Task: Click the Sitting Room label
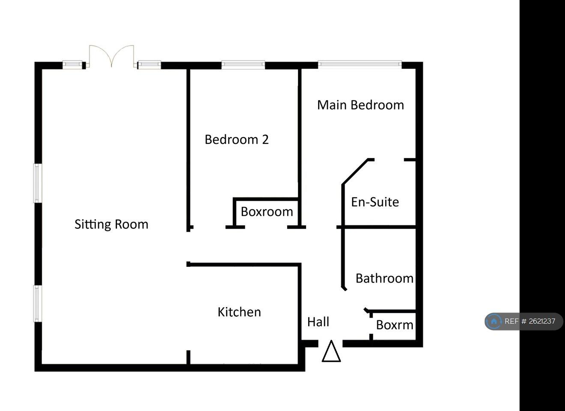pyautogui.click(x=111, y=224)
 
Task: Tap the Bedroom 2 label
pyautogui.click(x=237, y=140)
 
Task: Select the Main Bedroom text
pyautogui.click(x=361, y=105)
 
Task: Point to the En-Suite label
pyautogui.click(x=375, y=202)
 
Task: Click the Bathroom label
pyautogui.click(x=385, y=278)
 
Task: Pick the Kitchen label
pyautogui.click(x=239, y=312)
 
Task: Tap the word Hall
pyautogui.click(x=318, y=322)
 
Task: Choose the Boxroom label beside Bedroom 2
pyautogui.click(x=267, y=211)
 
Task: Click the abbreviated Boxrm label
pyautogui.click(x=395, y=325)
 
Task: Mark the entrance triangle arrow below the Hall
pyautogui.click(x=331, y=351)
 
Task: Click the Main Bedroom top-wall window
pyautogui.click(x=360, y=64)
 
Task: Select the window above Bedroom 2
pyautogui.click(x=243, y=65)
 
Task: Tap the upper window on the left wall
pyautogui.click(x=38, y=183)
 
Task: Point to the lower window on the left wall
pyautogui.click(x=38, y=303)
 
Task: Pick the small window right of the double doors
pyautogui.click(x=149, y=65)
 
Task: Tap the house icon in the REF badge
pyautogui.click(x=494, y=322)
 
